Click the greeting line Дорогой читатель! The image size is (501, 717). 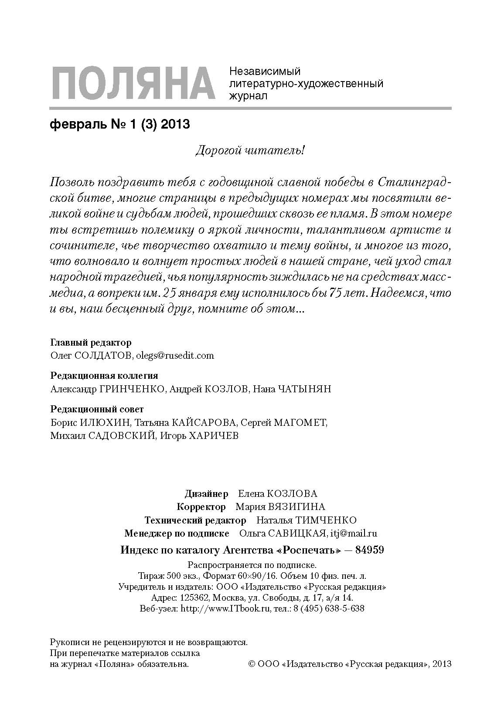[x=249, y=151]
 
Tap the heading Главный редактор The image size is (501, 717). [x=91, y=342]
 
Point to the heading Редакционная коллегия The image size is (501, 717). [x=104, y=375]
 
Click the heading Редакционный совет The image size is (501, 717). [x=97, y=409]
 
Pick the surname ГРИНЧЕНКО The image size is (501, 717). [x=133, y=389]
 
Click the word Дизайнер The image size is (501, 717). [x=206, y=494]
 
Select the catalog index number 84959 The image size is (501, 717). [x=370, y=550]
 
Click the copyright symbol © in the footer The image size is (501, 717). [x=251, y=665]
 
